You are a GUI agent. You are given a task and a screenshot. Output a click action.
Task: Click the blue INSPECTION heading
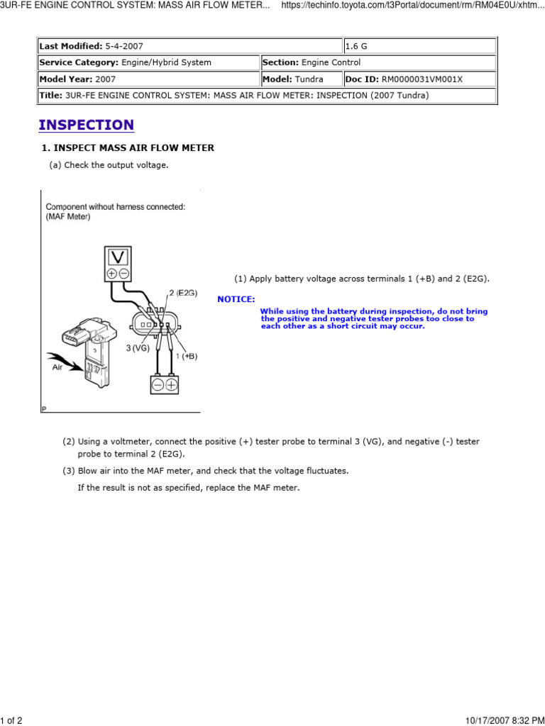point(86,125)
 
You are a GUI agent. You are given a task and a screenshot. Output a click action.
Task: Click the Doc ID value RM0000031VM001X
point(422,79)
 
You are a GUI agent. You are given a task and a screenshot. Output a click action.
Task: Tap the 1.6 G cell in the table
point(356,46)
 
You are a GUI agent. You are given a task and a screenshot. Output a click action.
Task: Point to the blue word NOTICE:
point(236,299)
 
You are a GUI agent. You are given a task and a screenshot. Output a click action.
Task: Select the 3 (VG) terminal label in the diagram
point(138,347)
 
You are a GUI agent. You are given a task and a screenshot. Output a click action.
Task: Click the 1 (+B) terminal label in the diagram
point(186,356)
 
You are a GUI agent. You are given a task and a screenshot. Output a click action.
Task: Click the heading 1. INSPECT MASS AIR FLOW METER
point(127,148)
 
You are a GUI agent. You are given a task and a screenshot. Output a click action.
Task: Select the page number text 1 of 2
point(12,720)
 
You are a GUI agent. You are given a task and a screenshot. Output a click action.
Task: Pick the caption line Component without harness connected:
point(116,207)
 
